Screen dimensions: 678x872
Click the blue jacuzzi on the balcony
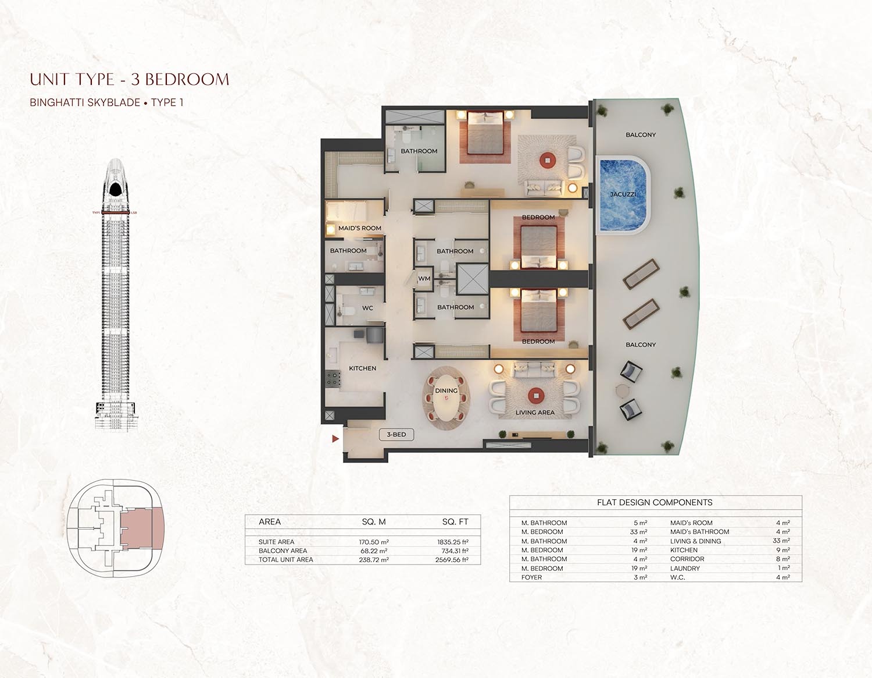click(623, 194)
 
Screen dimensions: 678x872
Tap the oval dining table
click(446, 399)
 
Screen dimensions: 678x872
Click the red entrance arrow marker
click(335, 439)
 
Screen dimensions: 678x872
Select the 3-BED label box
click(396, 435)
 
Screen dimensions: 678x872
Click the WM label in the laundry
click(424, 279)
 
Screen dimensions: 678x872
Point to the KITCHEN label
click(362, 368)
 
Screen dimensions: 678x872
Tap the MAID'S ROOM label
click(360, 228)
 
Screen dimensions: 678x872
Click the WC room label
click(367, 308)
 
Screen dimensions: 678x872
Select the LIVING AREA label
click(535, 413)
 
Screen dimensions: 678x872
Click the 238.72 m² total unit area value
click(374, 560)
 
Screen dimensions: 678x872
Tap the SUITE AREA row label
click(277, 542)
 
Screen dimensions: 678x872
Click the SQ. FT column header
click(455, 522)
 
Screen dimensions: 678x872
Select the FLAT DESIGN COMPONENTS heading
click(655, 502)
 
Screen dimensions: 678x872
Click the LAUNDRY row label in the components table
click(685, 569)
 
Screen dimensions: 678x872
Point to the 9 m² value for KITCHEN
click(782, 550)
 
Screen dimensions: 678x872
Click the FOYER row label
click(531, 577)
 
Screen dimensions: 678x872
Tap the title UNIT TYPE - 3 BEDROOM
click(130, 79)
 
